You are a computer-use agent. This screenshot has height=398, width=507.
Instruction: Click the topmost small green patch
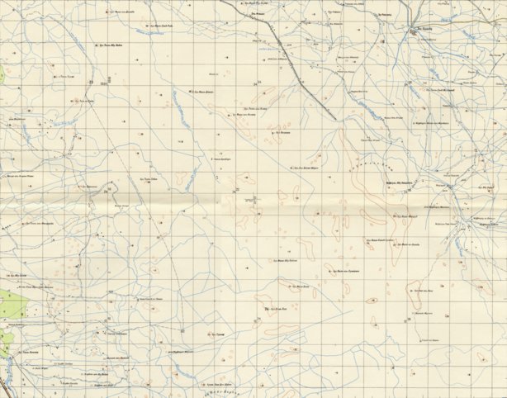click(2, 74)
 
